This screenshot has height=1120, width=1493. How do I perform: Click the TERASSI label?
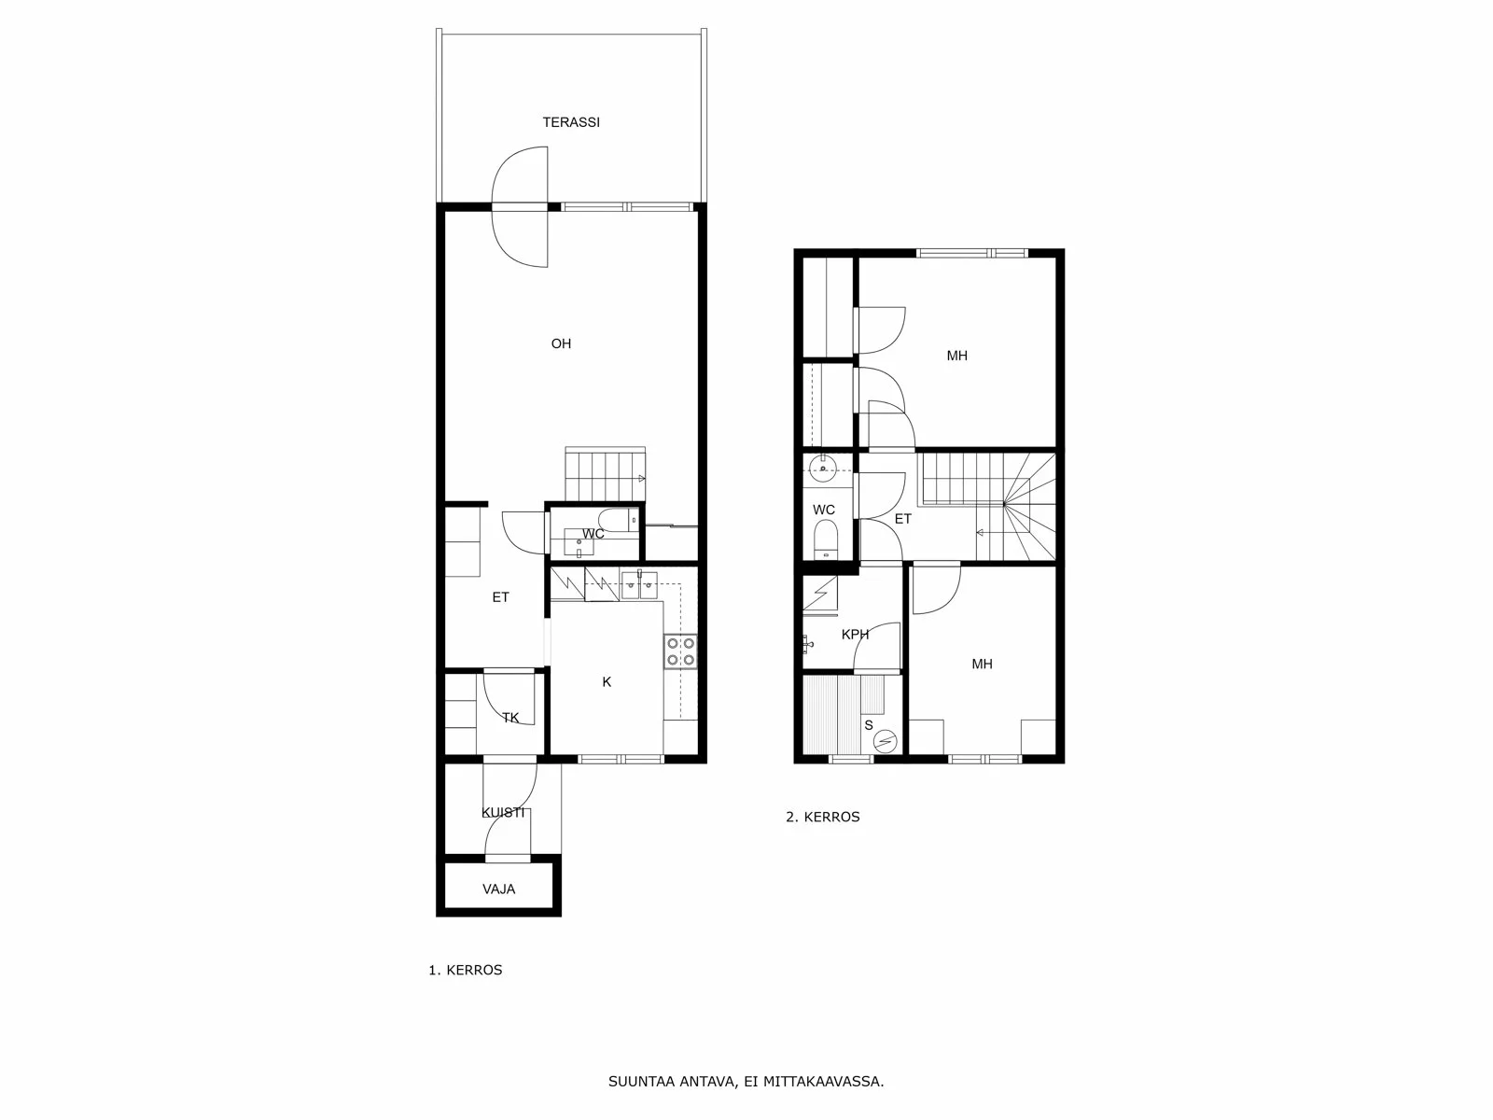point(571,122)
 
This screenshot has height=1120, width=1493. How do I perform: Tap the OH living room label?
point(561,343)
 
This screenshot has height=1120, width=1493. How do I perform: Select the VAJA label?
point(499,889)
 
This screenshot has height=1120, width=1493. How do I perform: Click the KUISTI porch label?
point(503,812)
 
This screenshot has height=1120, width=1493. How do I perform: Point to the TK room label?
point(510,718)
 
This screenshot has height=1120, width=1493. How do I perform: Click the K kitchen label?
point(607,682)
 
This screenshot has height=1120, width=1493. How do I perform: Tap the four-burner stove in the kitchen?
point(680,651)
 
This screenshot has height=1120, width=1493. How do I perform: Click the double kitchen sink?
point(639,586)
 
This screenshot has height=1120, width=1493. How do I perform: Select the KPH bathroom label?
point(855,635)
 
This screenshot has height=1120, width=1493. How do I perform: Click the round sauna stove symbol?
point(885,741)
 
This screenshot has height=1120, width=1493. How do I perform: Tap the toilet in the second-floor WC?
point(825,540)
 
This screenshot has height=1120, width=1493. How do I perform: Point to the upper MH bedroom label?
point(956,356)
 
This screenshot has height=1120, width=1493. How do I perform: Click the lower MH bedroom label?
point(982,665)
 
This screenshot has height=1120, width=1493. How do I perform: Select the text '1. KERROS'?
point(466,970)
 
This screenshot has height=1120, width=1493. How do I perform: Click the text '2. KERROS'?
point(823,817)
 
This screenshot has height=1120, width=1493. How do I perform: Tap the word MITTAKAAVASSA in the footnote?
point(822,1083)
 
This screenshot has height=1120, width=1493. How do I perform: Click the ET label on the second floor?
point(902,519)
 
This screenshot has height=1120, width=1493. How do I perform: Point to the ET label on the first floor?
point(501,597)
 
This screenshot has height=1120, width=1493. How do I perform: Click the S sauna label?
point(869,724)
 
